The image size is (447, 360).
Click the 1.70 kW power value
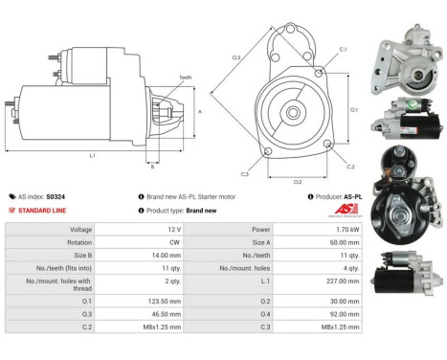click(x=345, y=230)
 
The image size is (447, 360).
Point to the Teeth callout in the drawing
click(x=185, y=77)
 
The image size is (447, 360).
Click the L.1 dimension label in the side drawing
click(x=92, y=154)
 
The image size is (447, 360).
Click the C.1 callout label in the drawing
click(x=343, y=48)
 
